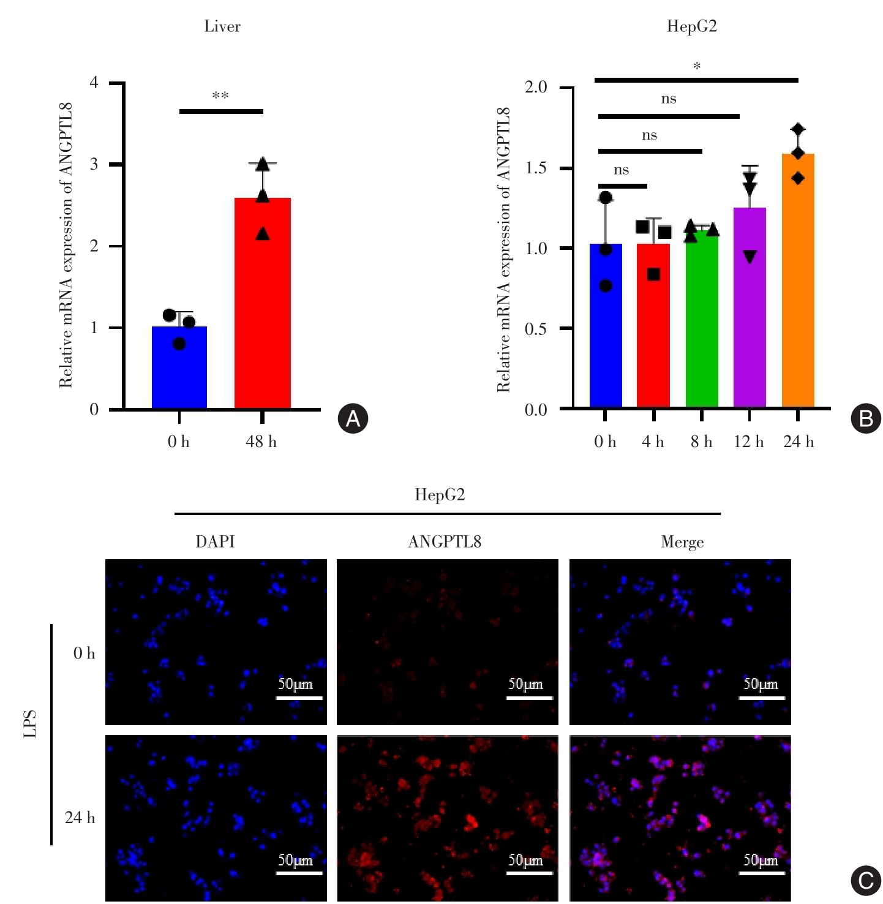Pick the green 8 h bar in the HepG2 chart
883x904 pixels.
[701, 318]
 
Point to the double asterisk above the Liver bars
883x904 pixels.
[220, 96]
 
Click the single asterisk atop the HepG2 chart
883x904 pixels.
[696, 66]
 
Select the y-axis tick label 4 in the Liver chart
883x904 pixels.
[94, 82]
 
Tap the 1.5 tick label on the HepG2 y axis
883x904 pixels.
[535, 168]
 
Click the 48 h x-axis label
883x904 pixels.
[261, 442]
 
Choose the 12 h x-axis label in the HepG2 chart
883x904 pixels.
[749, 442]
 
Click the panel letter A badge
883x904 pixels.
[353, 418]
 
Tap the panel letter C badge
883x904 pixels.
[866, 880]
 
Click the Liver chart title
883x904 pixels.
[222, 26]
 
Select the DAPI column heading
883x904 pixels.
[215, 541]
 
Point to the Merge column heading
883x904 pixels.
[682, 542]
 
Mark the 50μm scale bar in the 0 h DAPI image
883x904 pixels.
[299, 697]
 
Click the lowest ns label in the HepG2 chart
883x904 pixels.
[622, 170]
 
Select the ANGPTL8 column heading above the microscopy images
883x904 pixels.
[445, 541]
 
